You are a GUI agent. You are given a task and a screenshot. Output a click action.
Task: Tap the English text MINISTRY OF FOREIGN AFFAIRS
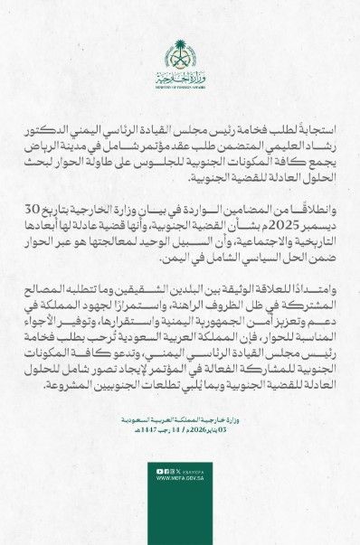click(x=179, y=87)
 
